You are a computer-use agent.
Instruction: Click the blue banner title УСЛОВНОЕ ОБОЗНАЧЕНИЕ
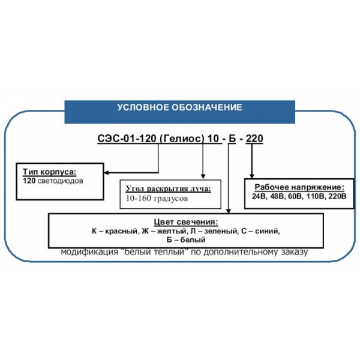(180, 107)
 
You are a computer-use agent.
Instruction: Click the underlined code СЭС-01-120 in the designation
(127, 139)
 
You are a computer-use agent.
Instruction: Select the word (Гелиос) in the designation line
(181, 139)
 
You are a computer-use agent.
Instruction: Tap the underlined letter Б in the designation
(232, 139)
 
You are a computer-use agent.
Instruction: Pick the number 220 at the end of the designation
(254, 139)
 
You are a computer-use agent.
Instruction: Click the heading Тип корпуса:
(49, 172)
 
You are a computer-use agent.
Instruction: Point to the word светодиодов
(60, 181)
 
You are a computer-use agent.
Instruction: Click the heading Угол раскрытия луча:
(168, 189)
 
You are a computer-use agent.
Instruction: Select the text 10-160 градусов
(157, 199)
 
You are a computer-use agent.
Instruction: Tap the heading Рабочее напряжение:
(299, 187)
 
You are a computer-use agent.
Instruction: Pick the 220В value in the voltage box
(337, 197)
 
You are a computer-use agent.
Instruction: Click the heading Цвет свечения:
(186, 222)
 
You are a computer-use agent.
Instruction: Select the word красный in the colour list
(122, 231)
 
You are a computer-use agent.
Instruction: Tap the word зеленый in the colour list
(221, 231)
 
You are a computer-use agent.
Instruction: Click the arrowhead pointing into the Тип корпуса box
(106, 173)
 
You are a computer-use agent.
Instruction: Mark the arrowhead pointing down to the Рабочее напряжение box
(252, 176)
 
